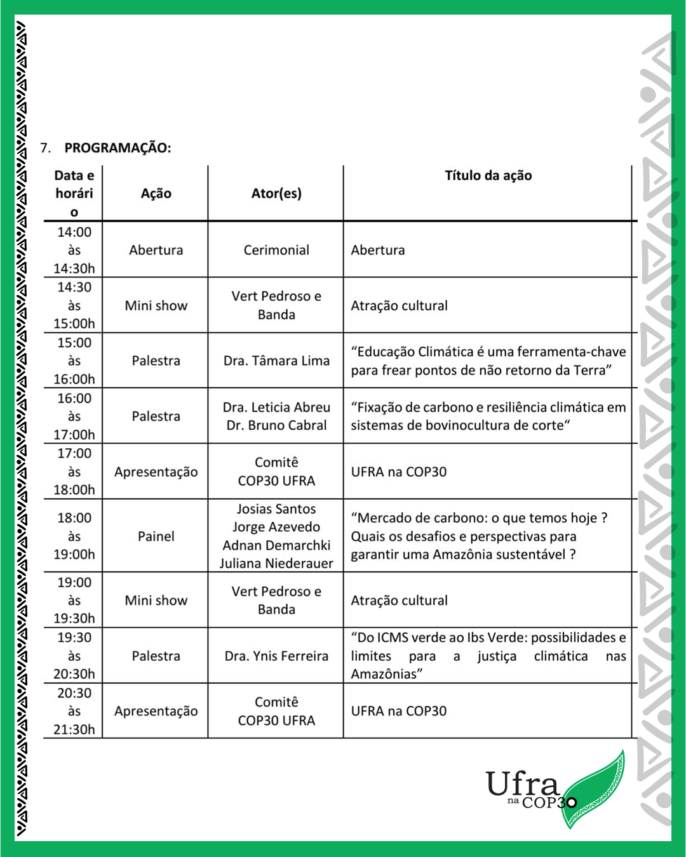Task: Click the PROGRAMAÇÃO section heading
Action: click(x=118, y=148)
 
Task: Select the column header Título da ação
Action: click(x=488, y=176)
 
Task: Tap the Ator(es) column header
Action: click(x=276, y=194)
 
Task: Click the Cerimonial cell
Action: click(x=276, y=250)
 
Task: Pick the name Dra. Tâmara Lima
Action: click(x=276, y=361)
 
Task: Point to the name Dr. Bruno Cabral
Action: click(x=276, y=425)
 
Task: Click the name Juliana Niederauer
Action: click(x=276, y=563)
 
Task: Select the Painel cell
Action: click(x=156, y=536)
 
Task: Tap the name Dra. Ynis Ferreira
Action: click(x=276, y=656)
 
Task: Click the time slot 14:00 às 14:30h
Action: click(x=74, y=250)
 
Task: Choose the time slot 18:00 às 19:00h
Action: click(x=74, y=536)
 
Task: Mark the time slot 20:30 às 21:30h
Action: click(x=74, y=711)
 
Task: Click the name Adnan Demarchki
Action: click(x=276, y=545)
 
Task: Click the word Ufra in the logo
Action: click(x=522, y=785)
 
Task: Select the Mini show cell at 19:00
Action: click(x=156, y=601)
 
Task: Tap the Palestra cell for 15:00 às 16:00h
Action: click(x=156, y=361)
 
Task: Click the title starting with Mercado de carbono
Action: click(x=479, y=536)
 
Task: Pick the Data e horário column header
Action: click(x=74, y=194)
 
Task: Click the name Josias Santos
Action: click(x=276, y=509)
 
